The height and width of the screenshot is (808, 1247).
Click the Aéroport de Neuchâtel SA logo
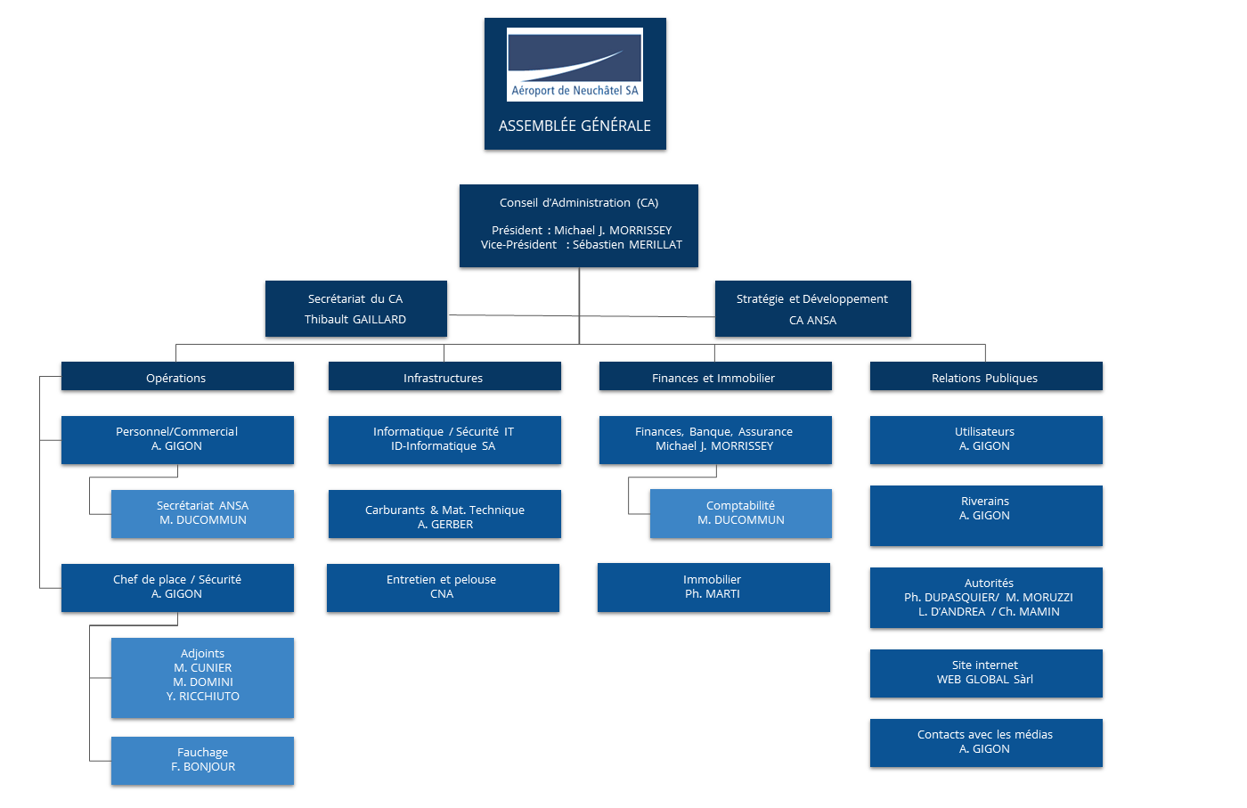pos(575,64)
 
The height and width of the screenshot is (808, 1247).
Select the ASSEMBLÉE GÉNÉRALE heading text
pos(575,126)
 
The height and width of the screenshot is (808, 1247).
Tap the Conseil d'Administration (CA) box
pos(579,225)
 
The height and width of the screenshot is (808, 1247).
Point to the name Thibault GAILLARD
pos(355,320)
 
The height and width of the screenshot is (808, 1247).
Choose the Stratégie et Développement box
pos(812,308)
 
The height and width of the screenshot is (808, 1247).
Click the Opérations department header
pos(176,377)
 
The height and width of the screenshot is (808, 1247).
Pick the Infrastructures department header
pos(444,377)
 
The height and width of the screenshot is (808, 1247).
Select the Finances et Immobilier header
pos(714,377)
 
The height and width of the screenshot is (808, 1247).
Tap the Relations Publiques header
pos(985,377)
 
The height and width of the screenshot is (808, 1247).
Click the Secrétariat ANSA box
pos(202,513)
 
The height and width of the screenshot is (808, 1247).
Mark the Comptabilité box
pos(740,513)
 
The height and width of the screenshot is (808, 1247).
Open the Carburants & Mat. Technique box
pos(444,514)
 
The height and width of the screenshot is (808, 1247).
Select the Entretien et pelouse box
pos(443,587)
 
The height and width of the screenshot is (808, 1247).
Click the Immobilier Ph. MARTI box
pos(713,587)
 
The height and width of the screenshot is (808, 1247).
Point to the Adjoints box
pos(202,677)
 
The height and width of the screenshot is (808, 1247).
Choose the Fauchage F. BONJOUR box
pos(202,760)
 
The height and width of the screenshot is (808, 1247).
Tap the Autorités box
pos(986,598)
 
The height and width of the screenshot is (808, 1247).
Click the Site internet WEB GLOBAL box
pos(986,673)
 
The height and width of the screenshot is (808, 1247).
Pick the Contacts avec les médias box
pos(986,742)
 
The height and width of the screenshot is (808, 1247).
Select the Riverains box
pos(986,515)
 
